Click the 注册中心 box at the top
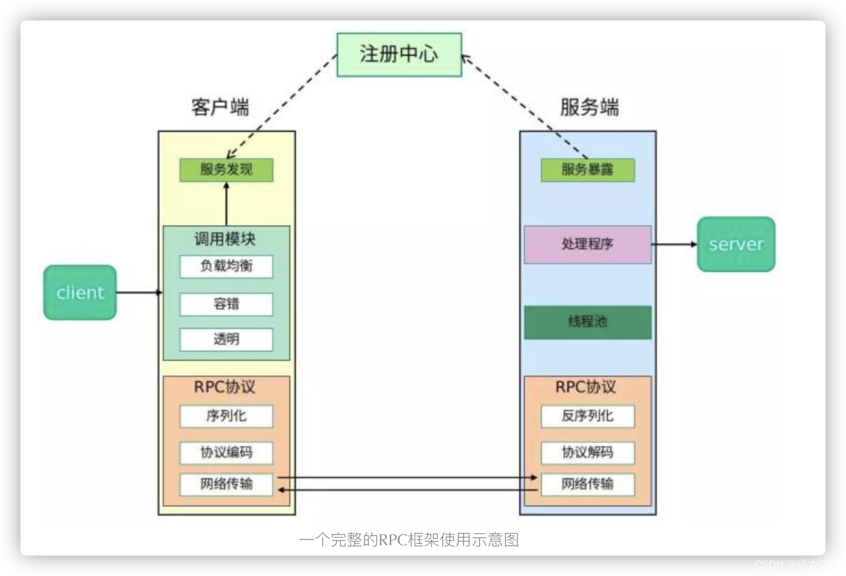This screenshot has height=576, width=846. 399,55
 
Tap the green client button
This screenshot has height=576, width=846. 80,293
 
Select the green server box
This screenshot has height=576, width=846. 736,244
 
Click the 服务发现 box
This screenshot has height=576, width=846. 226,170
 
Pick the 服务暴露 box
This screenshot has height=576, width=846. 588,170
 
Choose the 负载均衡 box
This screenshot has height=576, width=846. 226,266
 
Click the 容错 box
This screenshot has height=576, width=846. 226,304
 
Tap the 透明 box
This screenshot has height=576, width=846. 226,339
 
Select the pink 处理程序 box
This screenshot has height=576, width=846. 588,244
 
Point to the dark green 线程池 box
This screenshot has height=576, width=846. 588,322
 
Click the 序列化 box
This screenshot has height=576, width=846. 226,416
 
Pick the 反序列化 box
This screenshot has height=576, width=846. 588,416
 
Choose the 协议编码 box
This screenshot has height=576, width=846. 226,452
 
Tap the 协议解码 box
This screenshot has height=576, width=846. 588,452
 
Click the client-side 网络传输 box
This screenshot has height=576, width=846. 226,484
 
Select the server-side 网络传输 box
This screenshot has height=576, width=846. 588,484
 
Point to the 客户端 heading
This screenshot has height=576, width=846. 220,107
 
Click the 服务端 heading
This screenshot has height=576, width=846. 589,107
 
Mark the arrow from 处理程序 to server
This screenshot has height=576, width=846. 674,244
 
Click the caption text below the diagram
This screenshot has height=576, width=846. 409,540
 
